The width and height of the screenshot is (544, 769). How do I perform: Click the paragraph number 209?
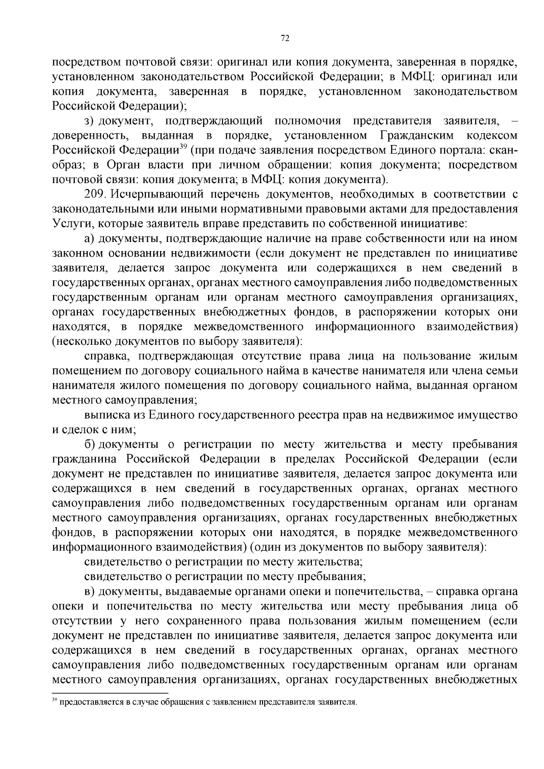click(x=95, y=195)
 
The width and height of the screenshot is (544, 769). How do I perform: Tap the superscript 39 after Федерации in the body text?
click(x=184, y=146)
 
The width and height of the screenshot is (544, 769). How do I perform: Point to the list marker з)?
click(x=89, y=121)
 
